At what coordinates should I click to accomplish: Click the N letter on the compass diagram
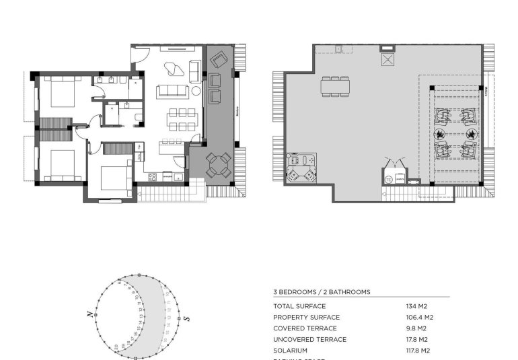(x=89, y=314)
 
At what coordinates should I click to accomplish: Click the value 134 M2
(x=417, y=306)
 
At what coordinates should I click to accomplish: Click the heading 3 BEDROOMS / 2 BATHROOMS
(x=322, y=292)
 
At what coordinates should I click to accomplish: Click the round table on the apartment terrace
(x=218, y=164)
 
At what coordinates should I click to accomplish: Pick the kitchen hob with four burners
(x=152, y=177)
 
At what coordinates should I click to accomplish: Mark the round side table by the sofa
(x=196, y=91)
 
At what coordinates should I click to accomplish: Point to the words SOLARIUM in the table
(x=290, y=351)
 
